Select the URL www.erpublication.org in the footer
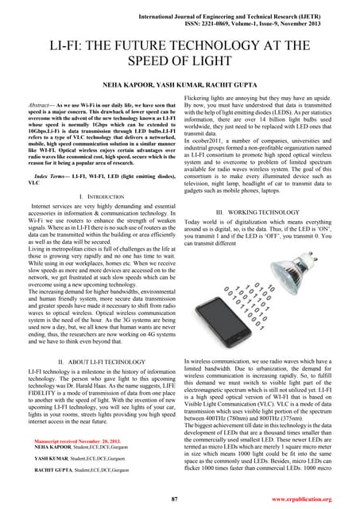point(310,498)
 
